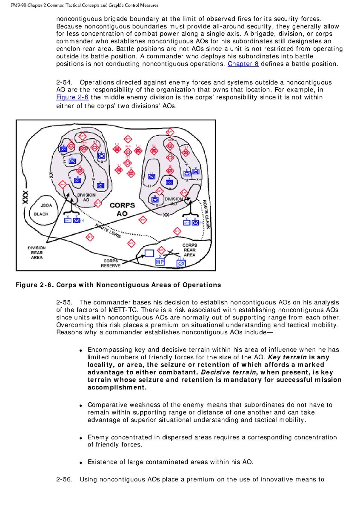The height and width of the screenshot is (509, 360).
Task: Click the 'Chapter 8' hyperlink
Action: point(243,64)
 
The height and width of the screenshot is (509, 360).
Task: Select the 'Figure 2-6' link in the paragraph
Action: point(70,98)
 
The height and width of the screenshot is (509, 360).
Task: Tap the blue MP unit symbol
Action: point(160,262)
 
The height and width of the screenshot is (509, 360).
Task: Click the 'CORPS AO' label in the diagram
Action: point(122,209)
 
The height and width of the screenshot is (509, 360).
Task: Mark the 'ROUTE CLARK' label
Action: point(206,214)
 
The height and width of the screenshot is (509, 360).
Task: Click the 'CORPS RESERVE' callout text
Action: point(111,263)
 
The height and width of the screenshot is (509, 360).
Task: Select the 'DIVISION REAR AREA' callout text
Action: point(37,253)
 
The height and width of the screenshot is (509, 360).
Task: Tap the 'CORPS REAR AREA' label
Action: point(189,250)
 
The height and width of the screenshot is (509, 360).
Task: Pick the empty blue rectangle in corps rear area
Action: point(149,253)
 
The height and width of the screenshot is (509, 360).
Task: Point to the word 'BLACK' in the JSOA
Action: point(41,214)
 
